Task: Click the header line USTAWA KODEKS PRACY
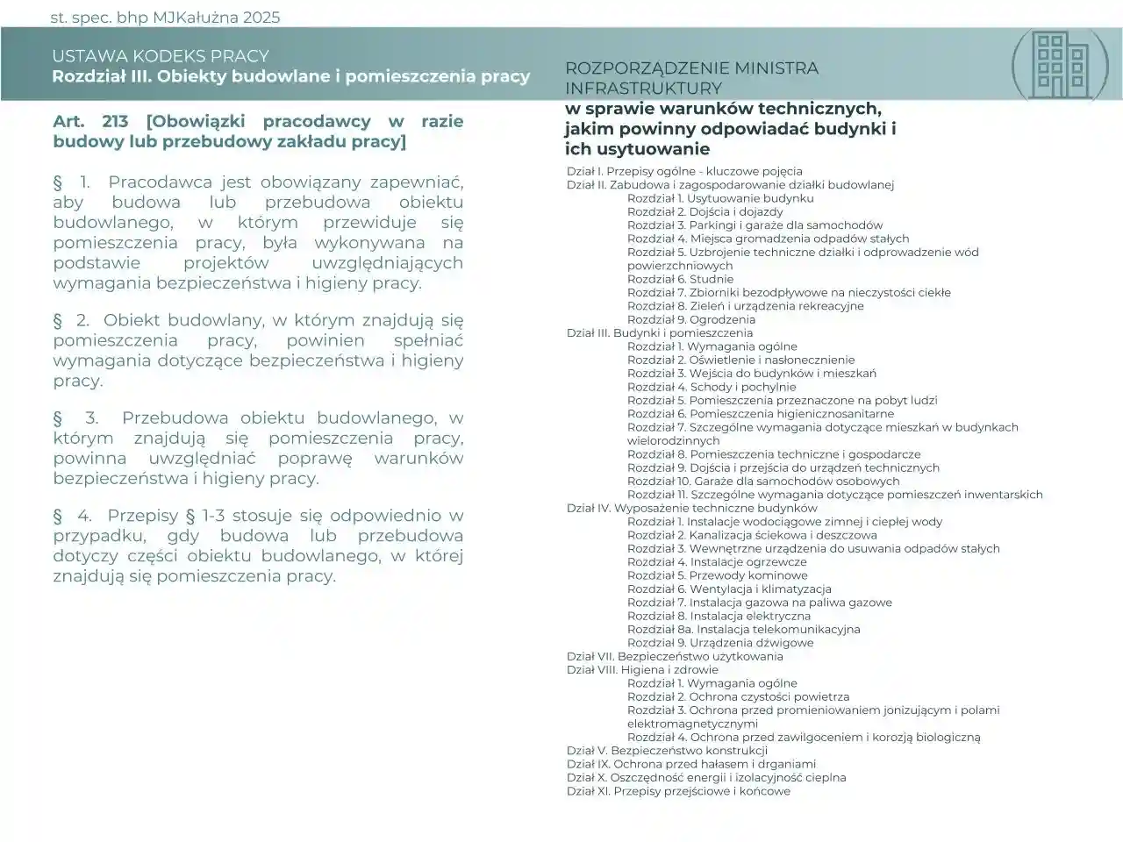point(160,56)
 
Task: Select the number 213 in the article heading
point(115,121)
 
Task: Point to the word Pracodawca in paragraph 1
point(161,182)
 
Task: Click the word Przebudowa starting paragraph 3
point(175,417)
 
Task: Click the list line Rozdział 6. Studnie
point(680,279)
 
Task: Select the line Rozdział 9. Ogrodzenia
point(690,319)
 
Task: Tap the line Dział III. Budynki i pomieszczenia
point(659,332)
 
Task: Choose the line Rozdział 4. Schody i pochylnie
point(712,387)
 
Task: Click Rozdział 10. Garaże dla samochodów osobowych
point(762,481)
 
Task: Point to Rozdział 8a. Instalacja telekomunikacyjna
point(743,629)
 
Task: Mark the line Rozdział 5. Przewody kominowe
point(717,575)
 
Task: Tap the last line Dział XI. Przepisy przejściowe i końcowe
point(678,791)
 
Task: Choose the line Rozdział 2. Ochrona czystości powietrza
point(738,696)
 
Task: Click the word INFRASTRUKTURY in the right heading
point(643,88)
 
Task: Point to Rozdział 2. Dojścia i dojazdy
point(705,211)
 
